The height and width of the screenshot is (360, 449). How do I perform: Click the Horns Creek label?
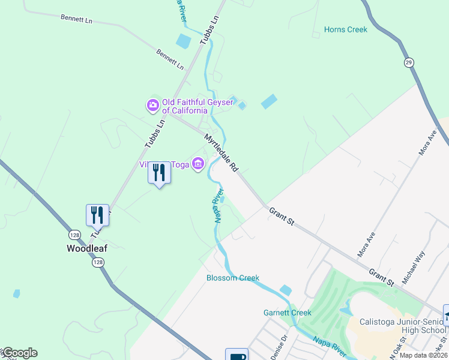(x=345, y=29)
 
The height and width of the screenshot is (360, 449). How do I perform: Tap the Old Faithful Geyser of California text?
(x=184, y=106)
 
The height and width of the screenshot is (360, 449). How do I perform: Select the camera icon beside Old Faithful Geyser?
(x=152, y=106)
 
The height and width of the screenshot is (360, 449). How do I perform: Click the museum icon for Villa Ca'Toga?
(x=197, y=164)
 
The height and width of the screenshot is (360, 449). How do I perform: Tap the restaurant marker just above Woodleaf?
(x=97, y=214)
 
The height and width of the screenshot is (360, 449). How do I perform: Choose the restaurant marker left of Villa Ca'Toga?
(x=159, y=173)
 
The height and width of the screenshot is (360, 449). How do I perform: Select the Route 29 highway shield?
(x=408, y=62)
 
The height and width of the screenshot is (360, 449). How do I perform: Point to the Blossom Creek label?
(x=233, y=278)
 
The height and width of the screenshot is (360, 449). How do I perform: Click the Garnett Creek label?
(x=288, y=313)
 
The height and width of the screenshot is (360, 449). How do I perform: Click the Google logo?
(x=19, y=353)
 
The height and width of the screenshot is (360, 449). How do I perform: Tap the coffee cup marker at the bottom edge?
(x=237, y=355)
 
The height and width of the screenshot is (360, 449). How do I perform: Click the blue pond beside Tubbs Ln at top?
(x=184, y=41)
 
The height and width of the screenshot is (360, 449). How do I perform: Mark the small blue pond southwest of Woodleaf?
(x=16, y=293)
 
